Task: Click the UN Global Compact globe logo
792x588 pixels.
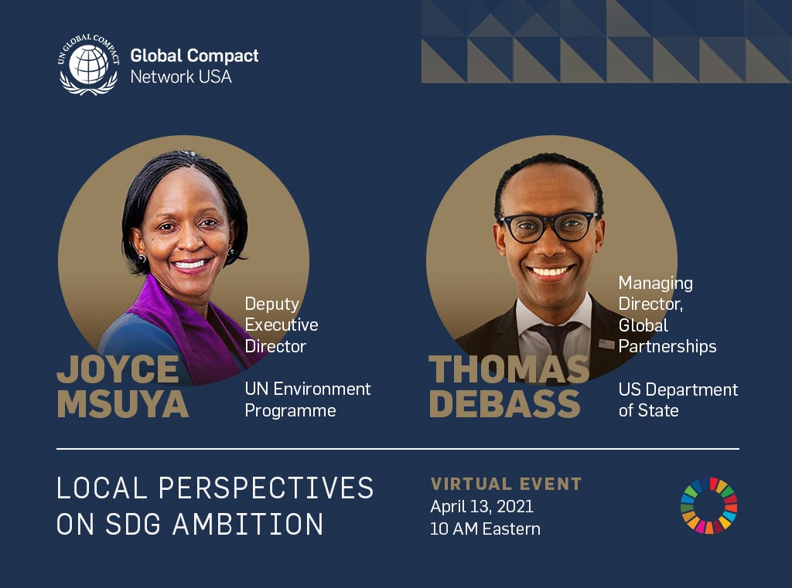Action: tap(88, 63)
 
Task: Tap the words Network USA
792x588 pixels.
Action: tap(181, 76)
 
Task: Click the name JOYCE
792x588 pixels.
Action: tap(118, 370)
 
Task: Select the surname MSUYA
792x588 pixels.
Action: tap(123, 404)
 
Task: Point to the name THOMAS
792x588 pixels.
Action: tap(509, 370)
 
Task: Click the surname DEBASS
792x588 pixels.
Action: tap(505, 404)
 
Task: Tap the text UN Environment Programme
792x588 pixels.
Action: tap(308, 399)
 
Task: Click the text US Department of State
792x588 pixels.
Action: tap(678, 399)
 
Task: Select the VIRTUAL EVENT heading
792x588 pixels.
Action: tap(506, 484)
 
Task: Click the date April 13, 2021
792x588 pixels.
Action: tap(482, 507)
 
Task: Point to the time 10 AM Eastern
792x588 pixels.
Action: tap(485, 529)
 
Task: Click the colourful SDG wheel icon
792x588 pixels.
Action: tap(708, 506)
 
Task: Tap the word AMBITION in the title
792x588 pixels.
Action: tap(247, 525)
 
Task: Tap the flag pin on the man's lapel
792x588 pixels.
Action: tap(606, 344)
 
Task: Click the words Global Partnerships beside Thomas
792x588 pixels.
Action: tap(667, 336)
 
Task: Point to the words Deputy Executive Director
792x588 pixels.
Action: tap(281, 325)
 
